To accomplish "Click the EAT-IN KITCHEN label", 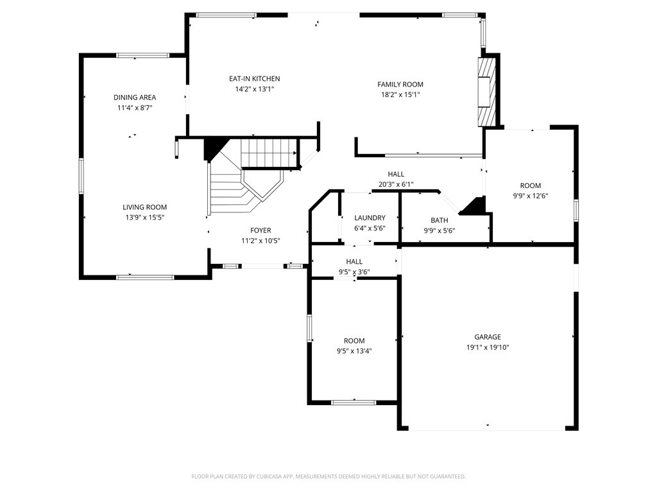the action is coord(254,78).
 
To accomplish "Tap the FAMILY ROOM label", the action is coord(400,84).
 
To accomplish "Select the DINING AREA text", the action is coord(135,98).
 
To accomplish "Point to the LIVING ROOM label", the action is coord(144,207).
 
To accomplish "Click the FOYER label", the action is coord(260,230).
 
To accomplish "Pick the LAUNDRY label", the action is coord(370,218).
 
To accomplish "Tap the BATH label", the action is coord(439,220).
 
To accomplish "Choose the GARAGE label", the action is coord(488,336).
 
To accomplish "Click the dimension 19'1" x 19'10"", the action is coord(488,347).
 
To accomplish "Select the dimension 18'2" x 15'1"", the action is coord(400,95).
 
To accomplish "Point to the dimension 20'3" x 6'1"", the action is coord(396,184).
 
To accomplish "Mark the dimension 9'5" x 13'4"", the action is coord(354,351).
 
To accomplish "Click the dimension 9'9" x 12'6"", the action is coord(531,196).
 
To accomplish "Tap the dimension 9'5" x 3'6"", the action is coord(354,272).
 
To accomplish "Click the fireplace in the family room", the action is coord(487,92).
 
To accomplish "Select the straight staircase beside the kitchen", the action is coord(269,153).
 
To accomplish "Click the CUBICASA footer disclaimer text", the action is coord(328,476).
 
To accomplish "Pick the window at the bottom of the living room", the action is coord(145,277).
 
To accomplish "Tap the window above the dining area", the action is coord(143,55).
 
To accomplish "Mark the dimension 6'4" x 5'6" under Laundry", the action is coord(370,228).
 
